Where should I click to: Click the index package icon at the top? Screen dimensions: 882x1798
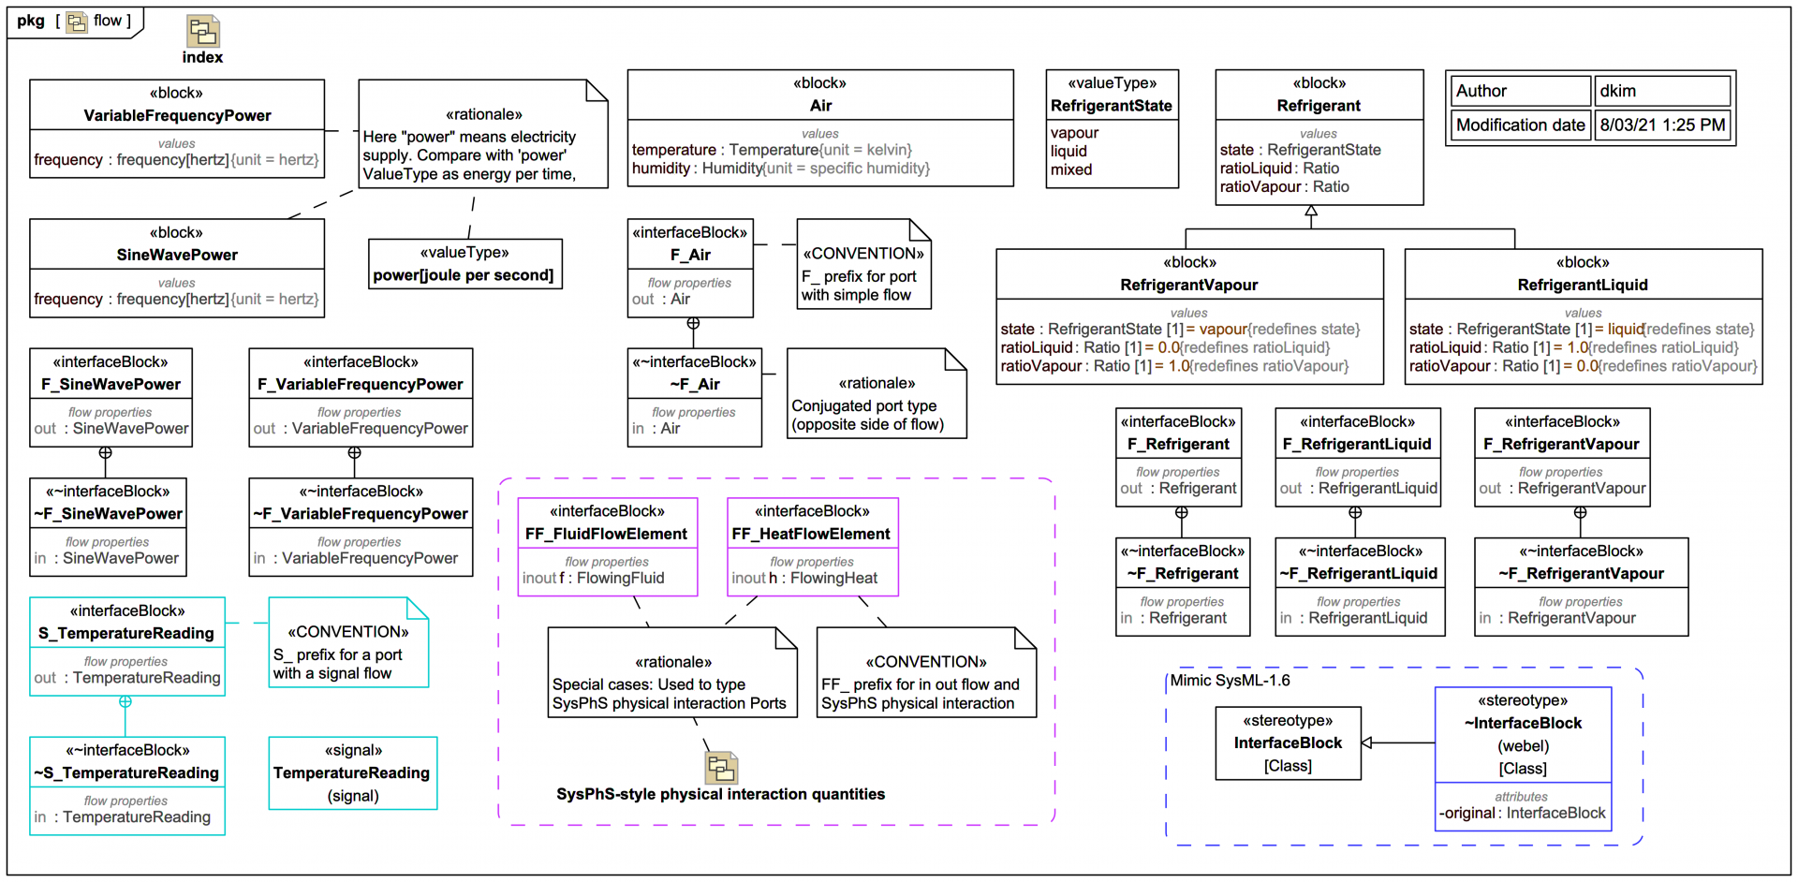click(x=202, y=32)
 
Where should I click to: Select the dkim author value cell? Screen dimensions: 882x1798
click(x=1661, y=91)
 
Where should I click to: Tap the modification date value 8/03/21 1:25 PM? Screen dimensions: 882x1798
click(x=1661, y=125)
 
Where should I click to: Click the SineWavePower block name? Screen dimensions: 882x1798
click(x=177, y=255)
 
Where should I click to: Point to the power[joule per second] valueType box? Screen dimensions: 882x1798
click(x=464, y=264)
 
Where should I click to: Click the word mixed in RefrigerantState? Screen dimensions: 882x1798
click(x=1071, y=169)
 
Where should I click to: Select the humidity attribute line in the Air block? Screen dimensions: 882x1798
click(x=780, y=169)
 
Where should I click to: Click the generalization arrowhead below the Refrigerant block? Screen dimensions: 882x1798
click(x=1311, y=213)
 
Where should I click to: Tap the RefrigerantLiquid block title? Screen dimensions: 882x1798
click(x=1582, y=285)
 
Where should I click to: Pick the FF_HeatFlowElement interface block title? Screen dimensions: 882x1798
click(x=811, y=534)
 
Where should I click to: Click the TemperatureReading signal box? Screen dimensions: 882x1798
click(x=352, y=772)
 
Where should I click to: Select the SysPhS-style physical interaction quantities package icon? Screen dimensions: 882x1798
click(x=721, y=768)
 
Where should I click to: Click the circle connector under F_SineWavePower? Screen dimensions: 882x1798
click(x=106, y=453)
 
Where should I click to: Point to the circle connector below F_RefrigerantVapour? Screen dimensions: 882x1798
click(x=1580, y=513)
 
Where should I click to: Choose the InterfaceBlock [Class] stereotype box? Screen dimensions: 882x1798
click(x=1288, y=743)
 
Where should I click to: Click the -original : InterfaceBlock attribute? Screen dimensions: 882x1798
click(x=1523, y=813)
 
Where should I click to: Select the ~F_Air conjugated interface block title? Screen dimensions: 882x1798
click(x=694, y=384)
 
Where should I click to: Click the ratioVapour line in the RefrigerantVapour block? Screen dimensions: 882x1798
click(x=1174, y=366)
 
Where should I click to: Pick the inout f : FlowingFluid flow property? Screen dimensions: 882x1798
click(x=594, y=579)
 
